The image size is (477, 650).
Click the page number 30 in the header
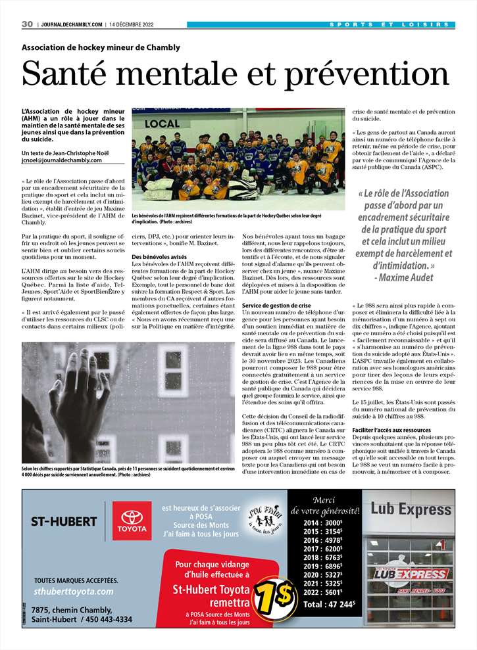(x=27, y=24)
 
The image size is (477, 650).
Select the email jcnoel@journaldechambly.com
(x=62, y=160)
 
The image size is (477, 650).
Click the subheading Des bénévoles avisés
(x=159, y=256)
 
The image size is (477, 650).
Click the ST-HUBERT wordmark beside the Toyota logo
(x=64, y=522)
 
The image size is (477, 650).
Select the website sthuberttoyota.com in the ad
(x=73, y=592)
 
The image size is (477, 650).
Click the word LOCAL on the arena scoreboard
(x=162, y=123)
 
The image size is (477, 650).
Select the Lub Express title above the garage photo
(x=411, y=509)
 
